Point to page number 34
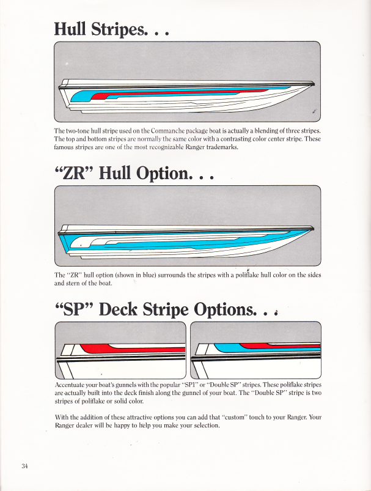coord(24,466)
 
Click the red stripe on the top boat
coord(183,93)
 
